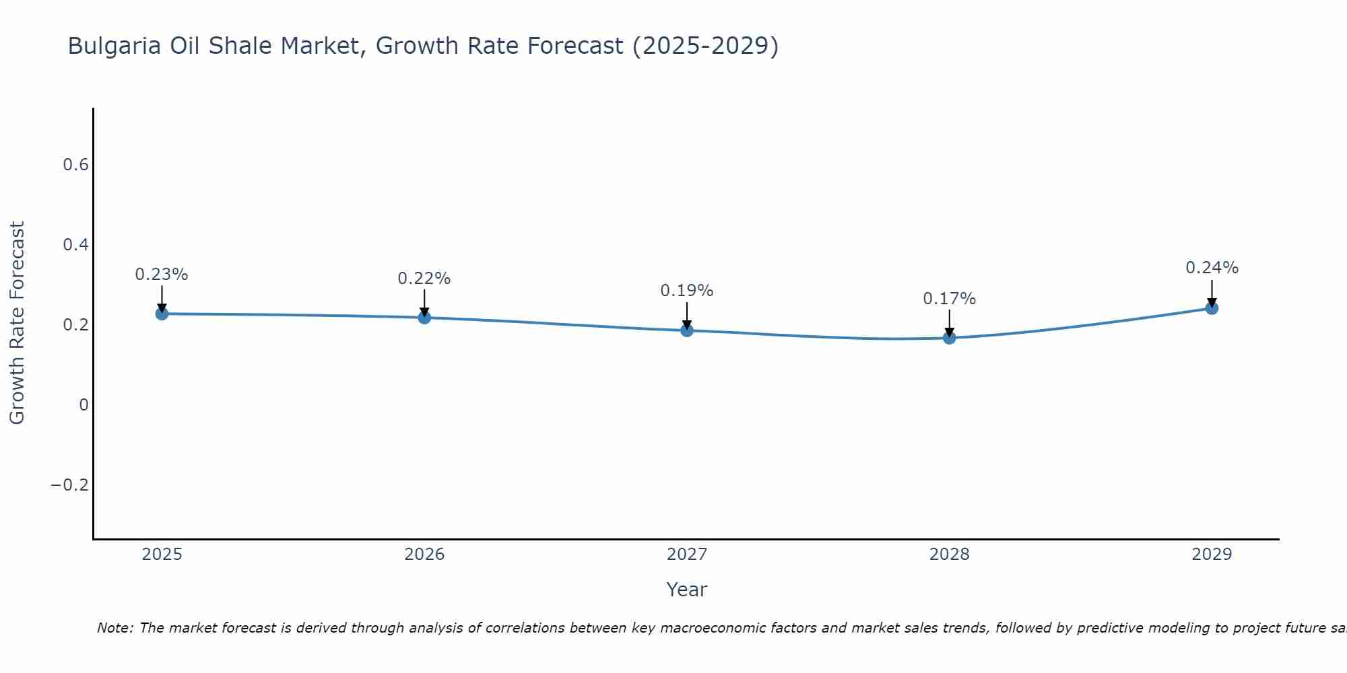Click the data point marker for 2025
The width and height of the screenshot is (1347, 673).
(x=162, y=314)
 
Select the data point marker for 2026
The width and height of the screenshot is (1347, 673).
(x=424, y=317)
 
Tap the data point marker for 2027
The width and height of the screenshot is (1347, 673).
(x=687, y=330)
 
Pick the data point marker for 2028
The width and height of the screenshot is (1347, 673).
(x=949, y=338)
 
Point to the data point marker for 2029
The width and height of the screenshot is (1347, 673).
(x=1212, y=308)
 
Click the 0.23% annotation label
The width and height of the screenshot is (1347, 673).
(x=162, y=275)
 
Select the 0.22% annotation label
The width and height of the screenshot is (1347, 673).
(x=424, y=279)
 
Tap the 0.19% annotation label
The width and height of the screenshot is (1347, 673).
(x=687, y=291)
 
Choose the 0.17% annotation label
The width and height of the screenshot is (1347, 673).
(x=949, y=299)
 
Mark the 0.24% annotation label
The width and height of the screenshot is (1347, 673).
(x=1212, y=268)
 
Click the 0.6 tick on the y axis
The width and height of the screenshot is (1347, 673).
(x=75, y=165)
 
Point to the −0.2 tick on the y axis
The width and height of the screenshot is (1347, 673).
(x=69, y=485)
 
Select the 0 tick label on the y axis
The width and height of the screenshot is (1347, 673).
(x=84, y=405)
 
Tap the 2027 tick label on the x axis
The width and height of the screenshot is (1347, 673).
(x=687, y=555)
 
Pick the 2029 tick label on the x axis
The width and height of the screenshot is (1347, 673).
(x=1212, y=555)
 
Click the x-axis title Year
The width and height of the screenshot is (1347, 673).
(x=687, y=590)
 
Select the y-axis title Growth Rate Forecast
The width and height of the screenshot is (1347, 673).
(x=17, y=323)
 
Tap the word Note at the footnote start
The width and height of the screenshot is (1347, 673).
(x=115, y=628)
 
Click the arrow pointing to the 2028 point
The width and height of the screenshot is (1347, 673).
(x=949, y=322)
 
